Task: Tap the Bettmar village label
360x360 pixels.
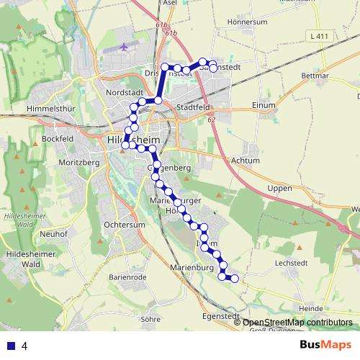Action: [x=315, y=75]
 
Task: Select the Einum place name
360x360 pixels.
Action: [x=264, y=104]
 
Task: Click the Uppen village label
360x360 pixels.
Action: [x=279, y=188]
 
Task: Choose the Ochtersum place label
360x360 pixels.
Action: [x=120, y=225]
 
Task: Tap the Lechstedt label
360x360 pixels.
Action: [x=292, y=264]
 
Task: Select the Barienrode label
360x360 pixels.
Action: [x=127, y=276]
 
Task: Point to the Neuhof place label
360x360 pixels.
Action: [x=53, y=234]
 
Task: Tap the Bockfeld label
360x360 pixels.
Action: [x=58, y=138]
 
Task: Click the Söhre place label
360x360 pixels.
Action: [x=150, y=318]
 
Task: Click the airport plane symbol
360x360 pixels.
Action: [x=125, y=48]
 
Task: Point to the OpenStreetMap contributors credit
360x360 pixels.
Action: [x=297, y=322]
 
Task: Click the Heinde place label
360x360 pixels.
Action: [x=310, y=308]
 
